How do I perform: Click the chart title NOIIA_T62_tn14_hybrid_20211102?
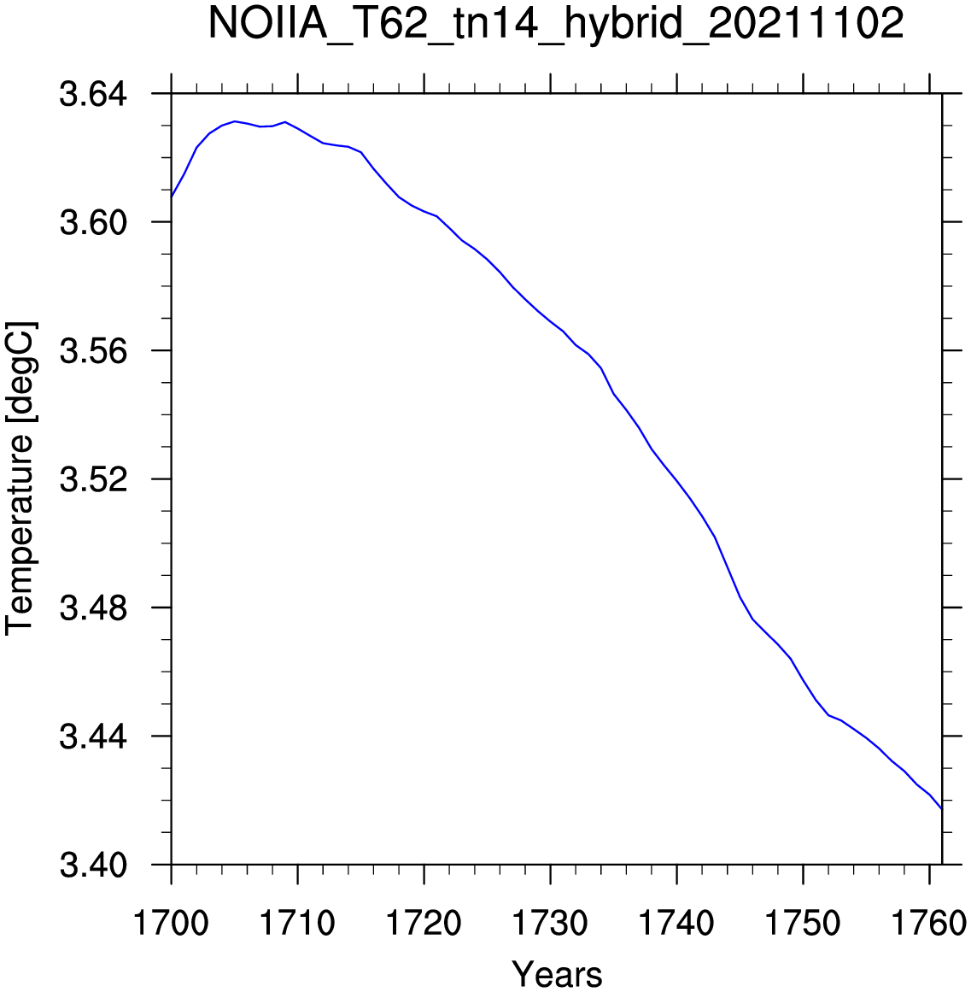tap(556, 25)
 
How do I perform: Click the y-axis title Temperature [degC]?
tap(20, 478)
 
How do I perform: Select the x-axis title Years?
tap(557, 973)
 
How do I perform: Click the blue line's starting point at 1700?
tap(172, 197)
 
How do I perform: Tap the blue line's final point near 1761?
tap(942, 808)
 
